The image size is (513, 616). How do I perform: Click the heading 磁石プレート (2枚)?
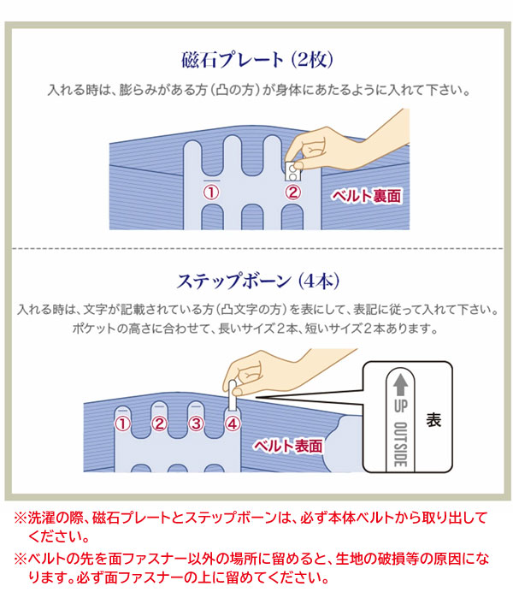point(257,60)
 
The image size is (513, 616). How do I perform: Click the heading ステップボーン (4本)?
point(258,281)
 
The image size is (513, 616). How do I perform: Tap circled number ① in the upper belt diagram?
point(211,192)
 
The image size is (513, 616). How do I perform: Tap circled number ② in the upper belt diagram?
point(292,192)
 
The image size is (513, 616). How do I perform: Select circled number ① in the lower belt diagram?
point(122,423)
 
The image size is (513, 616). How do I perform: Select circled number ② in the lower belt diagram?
point(159,423)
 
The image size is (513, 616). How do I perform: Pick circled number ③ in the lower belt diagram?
point(196,423)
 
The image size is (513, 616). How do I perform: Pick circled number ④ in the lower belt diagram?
point(233,423)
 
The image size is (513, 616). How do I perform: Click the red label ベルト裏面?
point(367,196)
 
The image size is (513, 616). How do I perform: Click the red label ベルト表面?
point(287,446)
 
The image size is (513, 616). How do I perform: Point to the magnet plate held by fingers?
point(292,171)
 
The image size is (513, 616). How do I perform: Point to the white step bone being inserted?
point(233,394)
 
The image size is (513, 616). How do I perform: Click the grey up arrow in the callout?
point(400,384)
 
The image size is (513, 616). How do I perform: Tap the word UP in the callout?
point(400,406)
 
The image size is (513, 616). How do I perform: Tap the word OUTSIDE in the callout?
point(400,444)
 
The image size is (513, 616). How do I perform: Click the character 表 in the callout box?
point(433,420)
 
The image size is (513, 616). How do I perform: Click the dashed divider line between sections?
point(257,248)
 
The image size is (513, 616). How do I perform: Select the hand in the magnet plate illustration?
point(345,145)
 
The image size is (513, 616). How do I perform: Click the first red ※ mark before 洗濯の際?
point(21,518)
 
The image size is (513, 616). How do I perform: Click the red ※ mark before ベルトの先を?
point(21,559)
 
